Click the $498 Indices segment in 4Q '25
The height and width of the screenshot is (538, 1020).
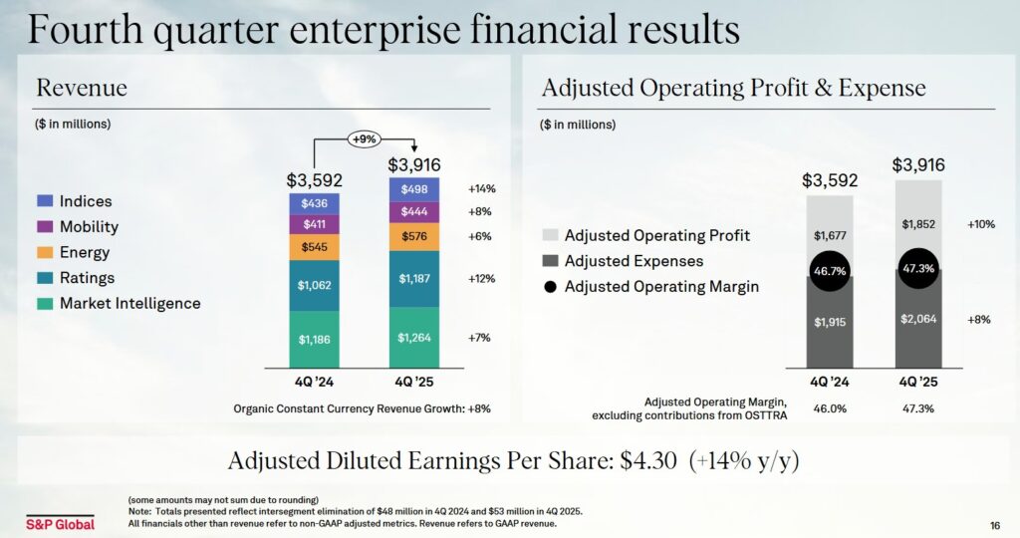pos(413,189)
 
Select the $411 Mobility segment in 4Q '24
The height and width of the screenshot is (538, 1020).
pos(314,224)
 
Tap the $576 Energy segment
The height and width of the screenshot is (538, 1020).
pos(413,236)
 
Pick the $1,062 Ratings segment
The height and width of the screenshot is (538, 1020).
pos(314,285)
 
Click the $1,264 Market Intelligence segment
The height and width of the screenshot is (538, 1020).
pos(413,338)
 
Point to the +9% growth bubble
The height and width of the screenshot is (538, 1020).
pos(363,139)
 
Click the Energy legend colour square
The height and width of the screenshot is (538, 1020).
pos(43,253)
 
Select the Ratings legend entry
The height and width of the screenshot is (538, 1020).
pos(87,278)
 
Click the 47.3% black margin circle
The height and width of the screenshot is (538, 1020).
pos(917,269)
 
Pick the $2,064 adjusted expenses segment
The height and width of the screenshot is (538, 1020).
pos(917,318)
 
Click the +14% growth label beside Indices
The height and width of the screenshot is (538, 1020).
pos(481,189)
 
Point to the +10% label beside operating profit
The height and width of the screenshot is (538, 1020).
pos(980,225)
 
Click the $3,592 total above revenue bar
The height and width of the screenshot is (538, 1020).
pos(314,180)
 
